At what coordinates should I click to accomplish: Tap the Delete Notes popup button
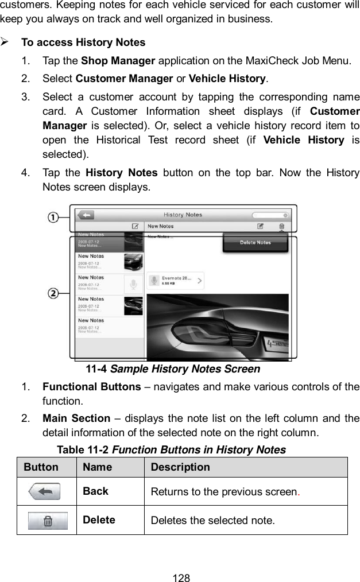[x=255, y=243]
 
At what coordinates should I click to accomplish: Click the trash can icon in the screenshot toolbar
[x=281, y=227]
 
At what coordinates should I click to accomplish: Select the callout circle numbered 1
[x=53, y=217]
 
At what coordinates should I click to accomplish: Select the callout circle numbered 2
[x=53, y=293]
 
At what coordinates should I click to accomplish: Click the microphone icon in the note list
[x=133, y=285]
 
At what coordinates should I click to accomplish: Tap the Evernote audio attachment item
[x=176, y=281]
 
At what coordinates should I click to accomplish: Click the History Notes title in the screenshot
[x=183, y=215]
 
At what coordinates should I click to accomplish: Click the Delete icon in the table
[x=49, y=521]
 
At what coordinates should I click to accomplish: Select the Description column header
[x=180, y=467]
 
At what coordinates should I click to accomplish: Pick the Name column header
[x=97, y=467]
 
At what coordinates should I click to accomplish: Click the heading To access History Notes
[x=83, y=42]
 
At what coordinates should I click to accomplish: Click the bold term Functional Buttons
[x=92, y=387]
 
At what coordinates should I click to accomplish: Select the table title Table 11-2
[x=81, y=450]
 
